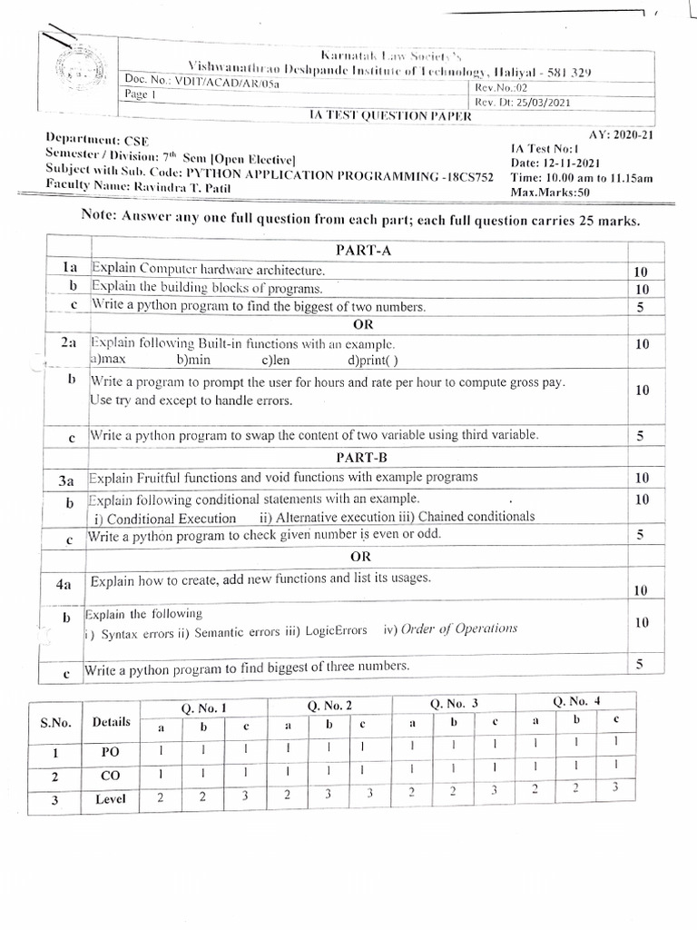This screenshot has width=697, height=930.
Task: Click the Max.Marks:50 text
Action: [550, 193]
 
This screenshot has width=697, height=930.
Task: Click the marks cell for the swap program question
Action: [640, 436]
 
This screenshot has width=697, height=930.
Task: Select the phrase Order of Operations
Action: [458, 628]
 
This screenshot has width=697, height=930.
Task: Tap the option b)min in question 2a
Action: [193, 361]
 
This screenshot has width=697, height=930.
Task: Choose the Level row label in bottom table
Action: [110, 800]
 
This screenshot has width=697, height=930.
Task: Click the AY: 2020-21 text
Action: [621, 134]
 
